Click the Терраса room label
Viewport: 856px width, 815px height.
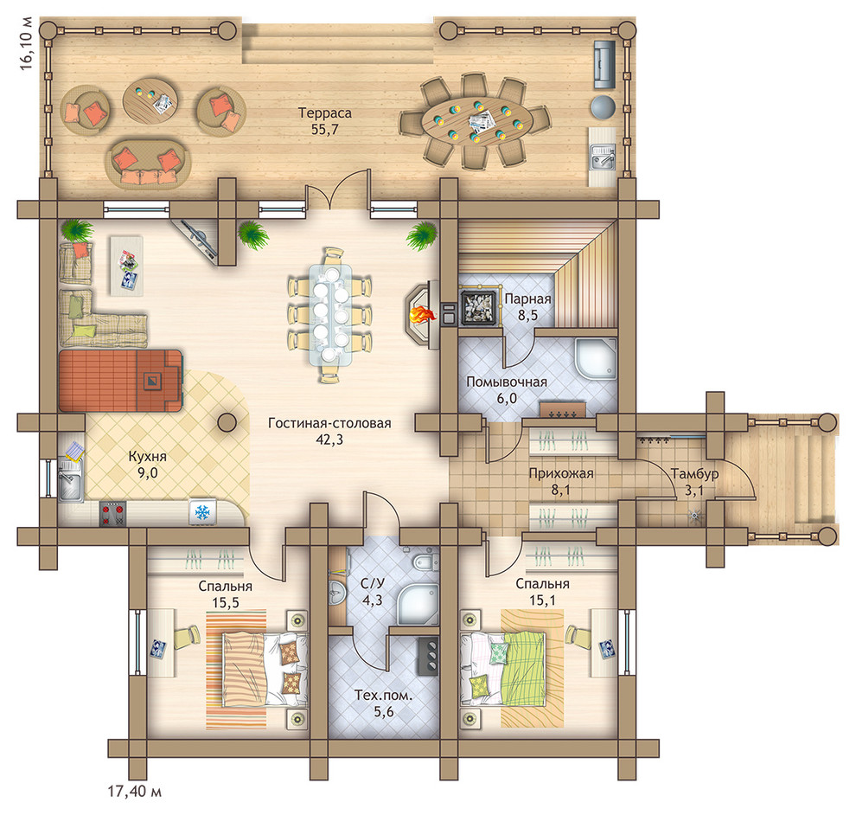[325, 113]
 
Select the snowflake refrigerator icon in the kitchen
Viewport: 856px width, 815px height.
[203, 512]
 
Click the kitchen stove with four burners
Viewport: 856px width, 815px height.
[112, 513]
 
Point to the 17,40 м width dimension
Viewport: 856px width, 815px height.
[135, 791]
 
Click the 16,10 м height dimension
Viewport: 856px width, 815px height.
[26, 44]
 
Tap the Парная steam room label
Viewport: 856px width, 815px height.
[527, 298]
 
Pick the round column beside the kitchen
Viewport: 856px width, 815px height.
[227, 421]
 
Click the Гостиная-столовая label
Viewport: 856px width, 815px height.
[329, 423]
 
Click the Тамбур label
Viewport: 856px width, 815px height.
[694, 473]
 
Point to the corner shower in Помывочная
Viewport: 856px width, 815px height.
[596, 359]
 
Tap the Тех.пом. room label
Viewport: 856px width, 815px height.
[384, 696]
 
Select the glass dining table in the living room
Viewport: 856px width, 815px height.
[330, 315]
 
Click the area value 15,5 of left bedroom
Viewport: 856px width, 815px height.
[226, 602]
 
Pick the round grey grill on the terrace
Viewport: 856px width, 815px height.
[604, 106]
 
